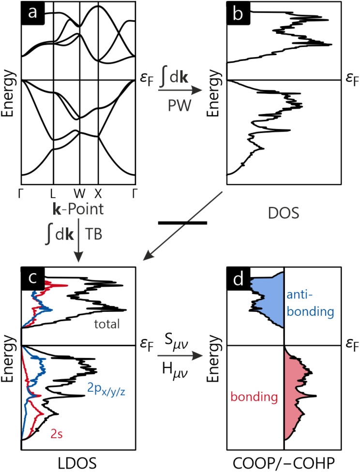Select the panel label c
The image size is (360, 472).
coord(33,280)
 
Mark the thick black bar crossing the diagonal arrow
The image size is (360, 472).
coord(182,223)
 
